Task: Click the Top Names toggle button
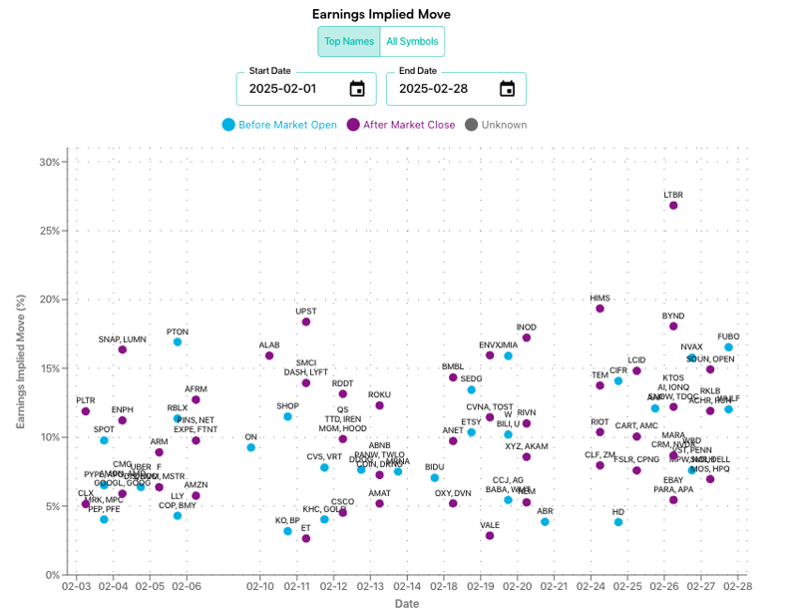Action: [349, 42]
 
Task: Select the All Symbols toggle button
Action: [412, 42]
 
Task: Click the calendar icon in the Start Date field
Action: [357, 89]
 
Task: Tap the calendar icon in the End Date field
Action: [507, 89]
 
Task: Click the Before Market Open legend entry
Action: [280, 125]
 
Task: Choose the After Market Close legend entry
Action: [401, 125]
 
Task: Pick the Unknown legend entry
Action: [497, 125]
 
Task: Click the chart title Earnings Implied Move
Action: [381, 14]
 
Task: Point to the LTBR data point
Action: [673, 205]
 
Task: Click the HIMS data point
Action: [600, 308]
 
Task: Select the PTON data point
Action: [178, 341]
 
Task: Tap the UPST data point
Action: [306, 321]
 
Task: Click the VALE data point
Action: [490, 535]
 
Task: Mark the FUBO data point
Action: [728, 347]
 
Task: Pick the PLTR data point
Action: [86, 410]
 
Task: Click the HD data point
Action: [618, 522]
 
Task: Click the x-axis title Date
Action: [406, 604]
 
